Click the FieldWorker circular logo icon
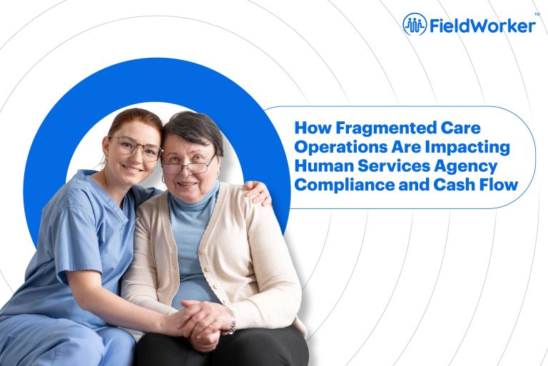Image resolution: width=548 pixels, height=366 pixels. click(x=415, y=25)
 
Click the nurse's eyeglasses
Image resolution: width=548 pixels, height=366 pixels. click(x=136, y=148)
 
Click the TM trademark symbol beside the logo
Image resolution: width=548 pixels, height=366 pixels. click(x=536, y=14)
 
